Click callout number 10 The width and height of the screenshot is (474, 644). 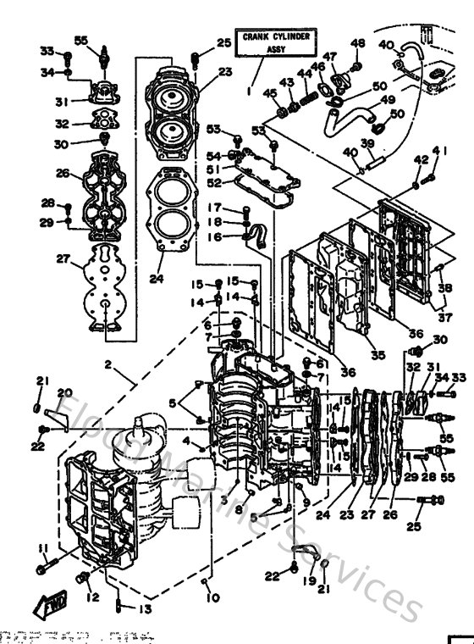tap(212, 597)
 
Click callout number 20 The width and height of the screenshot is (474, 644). tap(64, 392)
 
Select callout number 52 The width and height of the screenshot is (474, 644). tap(214, 181)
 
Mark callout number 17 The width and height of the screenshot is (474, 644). tap(216, 208)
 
